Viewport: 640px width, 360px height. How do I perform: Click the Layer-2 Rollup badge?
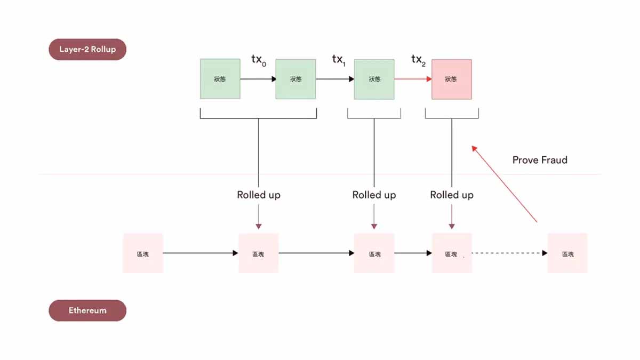click(87, 49)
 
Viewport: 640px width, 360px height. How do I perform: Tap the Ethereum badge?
click(87, 310)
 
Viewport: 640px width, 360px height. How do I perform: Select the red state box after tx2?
click(451, 79)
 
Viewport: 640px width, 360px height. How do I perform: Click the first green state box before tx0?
click(220, 79)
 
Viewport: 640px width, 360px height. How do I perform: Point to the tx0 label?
click(258, 60)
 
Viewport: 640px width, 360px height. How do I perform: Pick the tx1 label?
click(339, 60)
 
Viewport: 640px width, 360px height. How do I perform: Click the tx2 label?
click(418, 60)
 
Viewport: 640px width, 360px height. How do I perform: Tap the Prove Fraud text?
click(540, 160)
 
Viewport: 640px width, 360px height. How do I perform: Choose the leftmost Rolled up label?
click(259, 195)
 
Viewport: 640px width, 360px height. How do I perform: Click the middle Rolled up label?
click(374, 195)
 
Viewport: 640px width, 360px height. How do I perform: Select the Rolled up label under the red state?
click(452, 195)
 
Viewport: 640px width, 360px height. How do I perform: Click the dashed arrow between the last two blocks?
click(509, 253)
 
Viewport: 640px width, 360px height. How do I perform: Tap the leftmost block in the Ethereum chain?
click(143, 253)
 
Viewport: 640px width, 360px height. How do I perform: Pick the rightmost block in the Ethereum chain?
click(567, 253)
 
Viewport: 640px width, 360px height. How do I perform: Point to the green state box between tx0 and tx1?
click(295, 79)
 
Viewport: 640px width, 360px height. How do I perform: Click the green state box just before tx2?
click(374, 79)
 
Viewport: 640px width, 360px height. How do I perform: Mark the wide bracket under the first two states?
click(258, 118)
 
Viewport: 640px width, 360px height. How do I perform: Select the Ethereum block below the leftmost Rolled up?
click(258, 253)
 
